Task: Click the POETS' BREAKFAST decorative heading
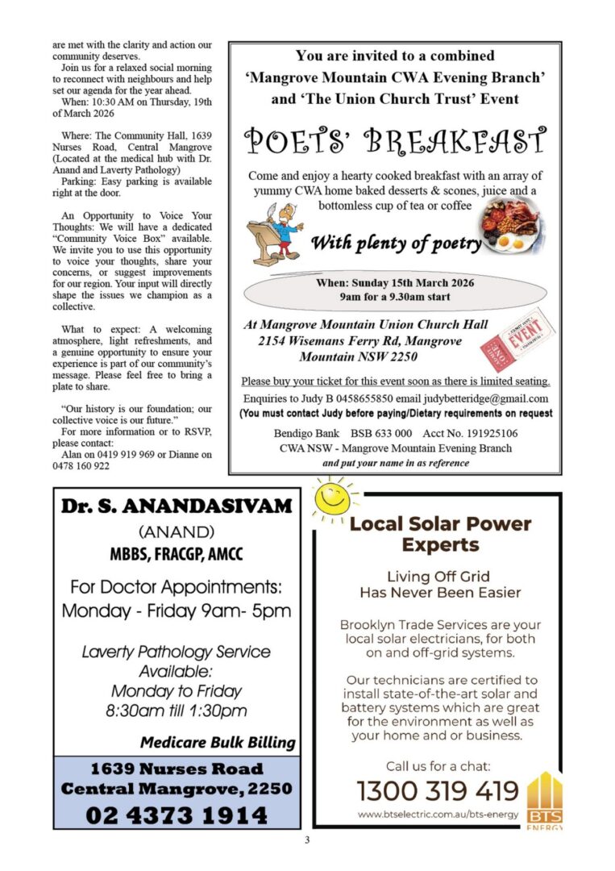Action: coord(395,141)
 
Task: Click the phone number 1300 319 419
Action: coord(438,790)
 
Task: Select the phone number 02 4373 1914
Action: coord(177,815)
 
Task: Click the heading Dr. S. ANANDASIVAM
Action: coord(177,506)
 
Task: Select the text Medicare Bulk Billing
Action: coord(218,742)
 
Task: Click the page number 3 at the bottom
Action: coord(307,840)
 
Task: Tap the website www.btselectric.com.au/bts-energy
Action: coord(438,815)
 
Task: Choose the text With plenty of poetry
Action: coord(396,243)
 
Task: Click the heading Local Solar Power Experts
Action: coord(440,534)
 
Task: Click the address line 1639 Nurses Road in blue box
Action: coord(177,769)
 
